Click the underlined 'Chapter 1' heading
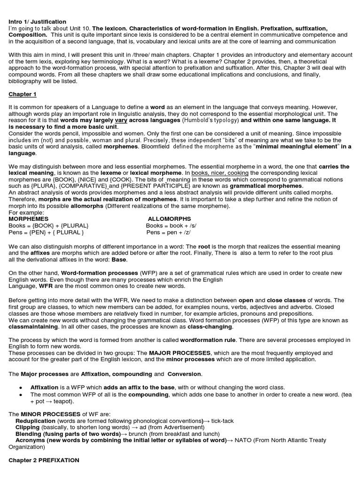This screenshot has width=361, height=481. [x=23, y=94]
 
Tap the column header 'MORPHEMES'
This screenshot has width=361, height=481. [x=29, y=219]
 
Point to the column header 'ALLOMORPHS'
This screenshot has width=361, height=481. [x=169, y=219]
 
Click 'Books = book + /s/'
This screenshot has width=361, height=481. [x=169, y=225]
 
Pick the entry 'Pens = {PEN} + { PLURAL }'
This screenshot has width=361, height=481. [x=46, y=232]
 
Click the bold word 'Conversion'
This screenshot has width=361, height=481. [x=185, y=374]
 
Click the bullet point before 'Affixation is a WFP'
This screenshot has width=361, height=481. [x=21, y=388]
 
